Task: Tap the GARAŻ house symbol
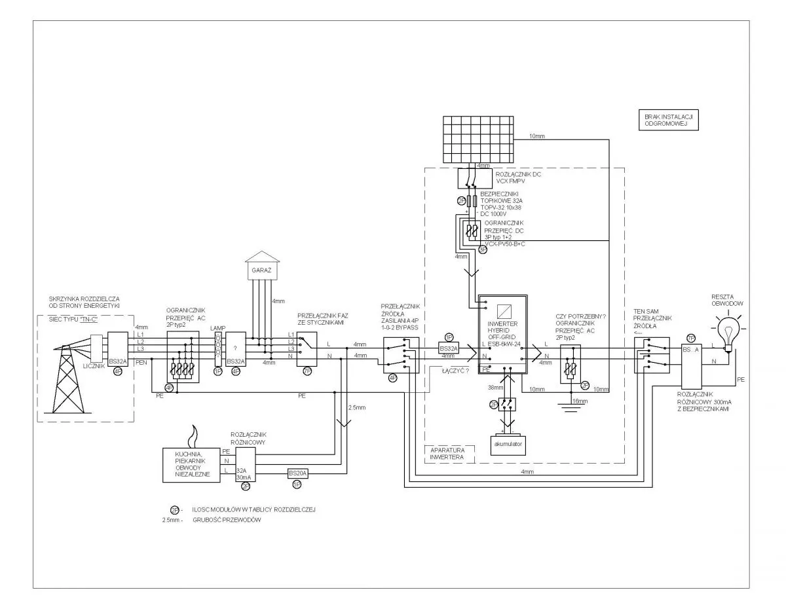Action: tap(262, 265)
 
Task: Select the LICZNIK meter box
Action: tap(95, 349)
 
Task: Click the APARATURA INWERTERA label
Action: tap(447, 454)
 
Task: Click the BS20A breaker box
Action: tap(298, 473)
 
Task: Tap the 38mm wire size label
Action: tap(496, 388)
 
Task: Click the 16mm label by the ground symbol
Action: tap(580, 400)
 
